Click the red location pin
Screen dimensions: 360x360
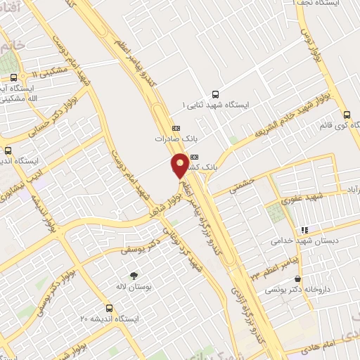click(181, 165)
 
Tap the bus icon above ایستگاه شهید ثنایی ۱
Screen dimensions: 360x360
click(214, 94)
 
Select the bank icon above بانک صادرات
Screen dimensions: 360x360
click(176, 128)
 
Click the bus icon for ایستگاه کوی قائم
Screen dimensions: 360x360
click(347, 115)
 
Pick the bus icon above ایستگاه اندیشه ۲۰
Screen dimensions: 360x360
click(108, 307)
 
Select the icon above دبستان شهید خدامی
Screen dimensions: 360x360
click(304, 229)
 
